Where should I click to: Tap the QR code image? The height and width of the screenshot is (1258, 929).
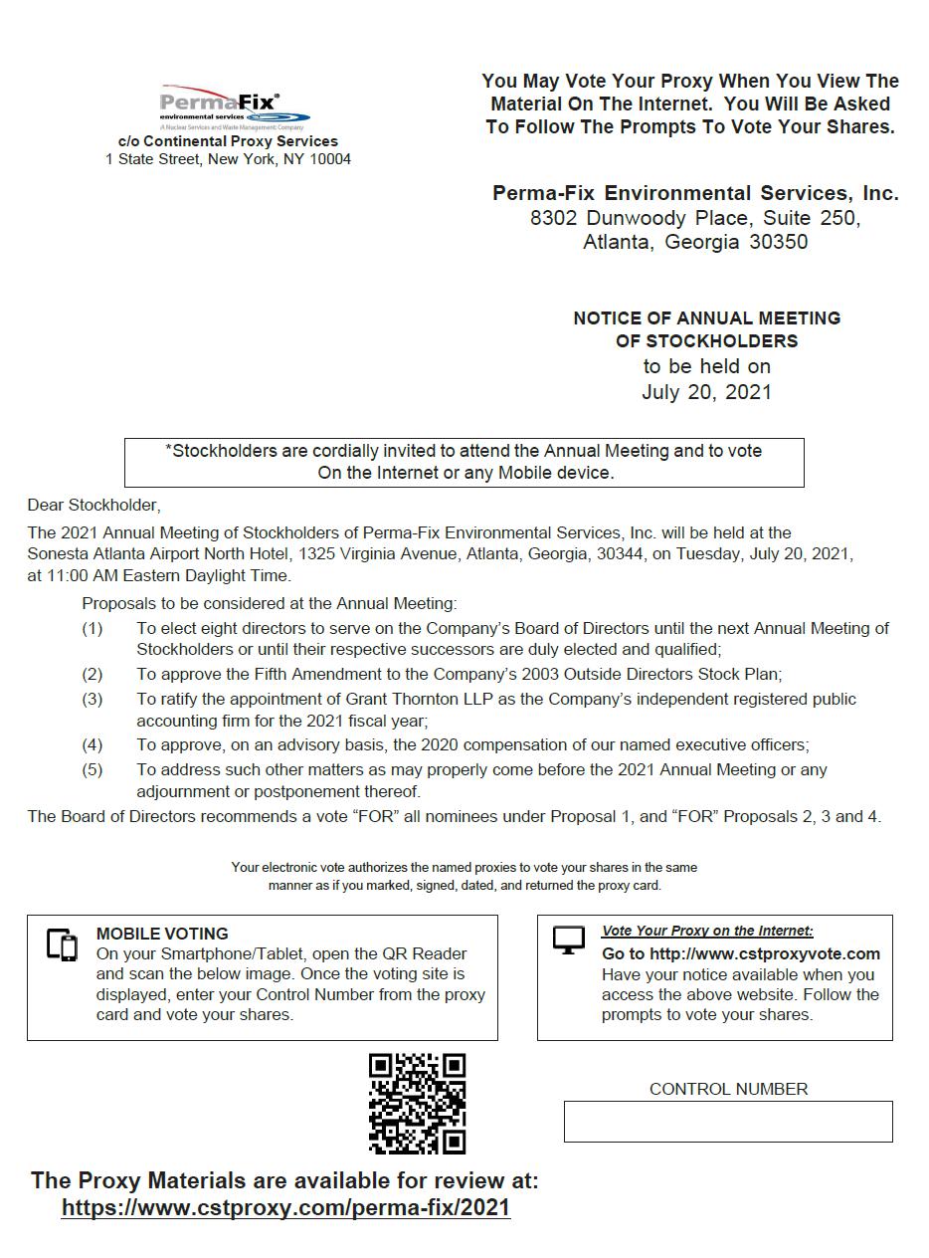(x=417, y=1103)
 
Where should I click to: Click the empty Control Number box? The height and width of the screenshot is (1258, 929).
(x=727, y=1122)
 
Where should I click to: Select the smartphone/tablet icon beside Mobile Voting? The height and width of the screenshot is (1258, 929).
(x=62, y=944)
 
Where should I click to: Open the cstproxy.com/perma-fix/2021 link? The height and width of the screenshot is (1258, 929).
(x=285, y=1207)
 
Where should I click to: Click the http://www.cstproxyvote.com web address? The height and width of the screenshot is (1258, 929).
(x=764, y=953)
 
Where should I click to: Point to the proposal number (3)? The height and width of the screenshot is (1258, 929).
(x=92, y=700)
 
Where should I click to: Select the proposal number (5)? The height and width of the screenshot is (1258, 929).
(x=92, y=769)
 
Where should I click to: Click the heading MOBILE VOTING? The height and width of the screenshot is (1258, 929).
(x=162, y=934)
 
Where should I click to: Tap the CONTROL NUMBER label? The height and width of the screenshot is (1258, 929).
(x=728, y=1089)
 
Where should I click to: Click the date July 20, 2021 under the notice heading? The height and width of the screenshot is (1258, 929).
(x=706, y=392)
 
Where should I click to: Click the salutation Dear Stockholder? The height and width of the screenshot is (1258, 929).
(x=93, y=506)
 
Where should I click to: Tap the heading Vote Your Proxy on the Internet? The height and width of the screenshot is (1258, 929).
(x=707, y=931)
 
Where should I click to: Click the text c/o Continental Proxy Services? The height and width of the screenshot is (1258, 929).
(x=228, y=141)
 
